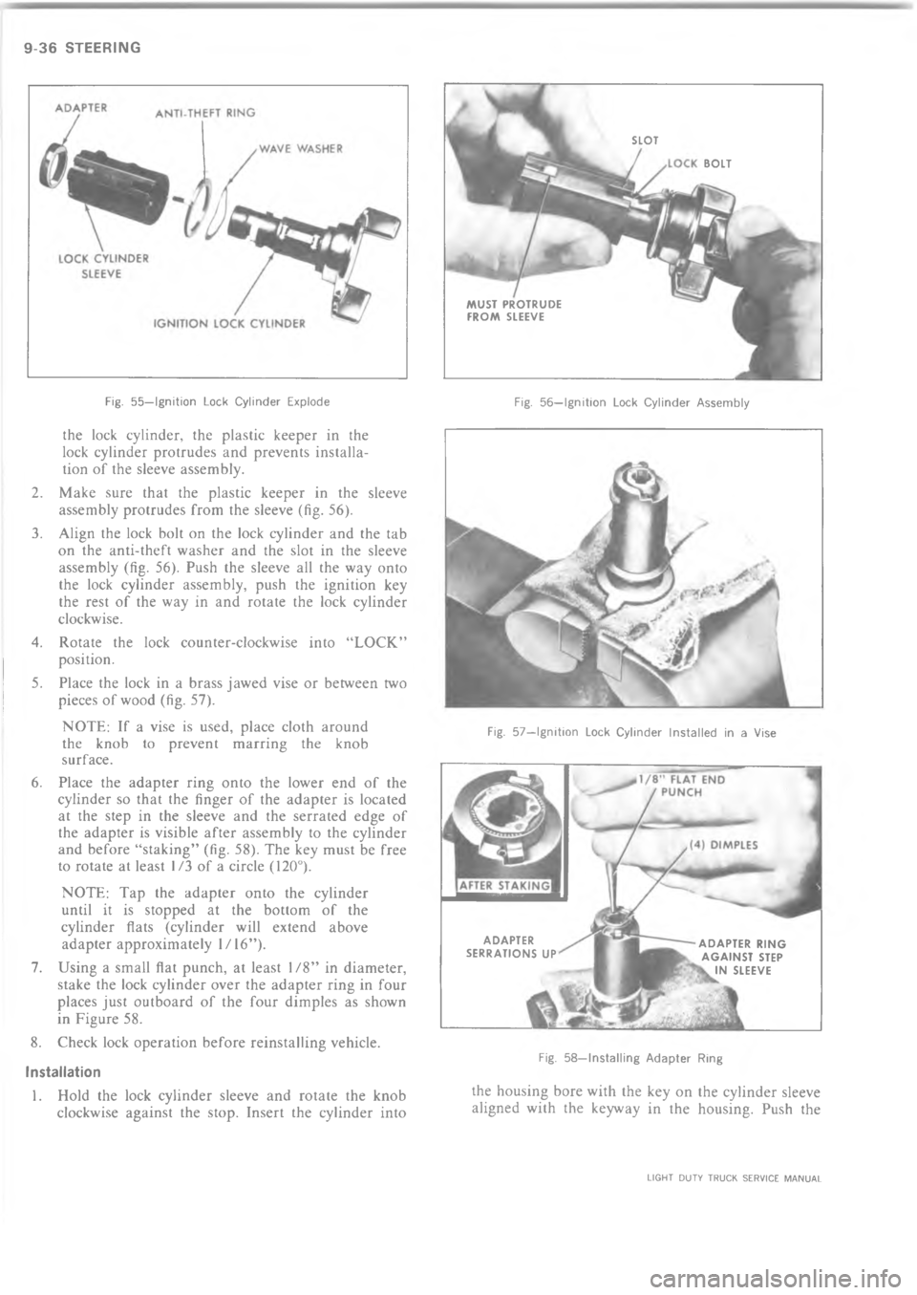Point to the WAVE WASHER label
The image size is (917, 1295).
click(x=297, y=148)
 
